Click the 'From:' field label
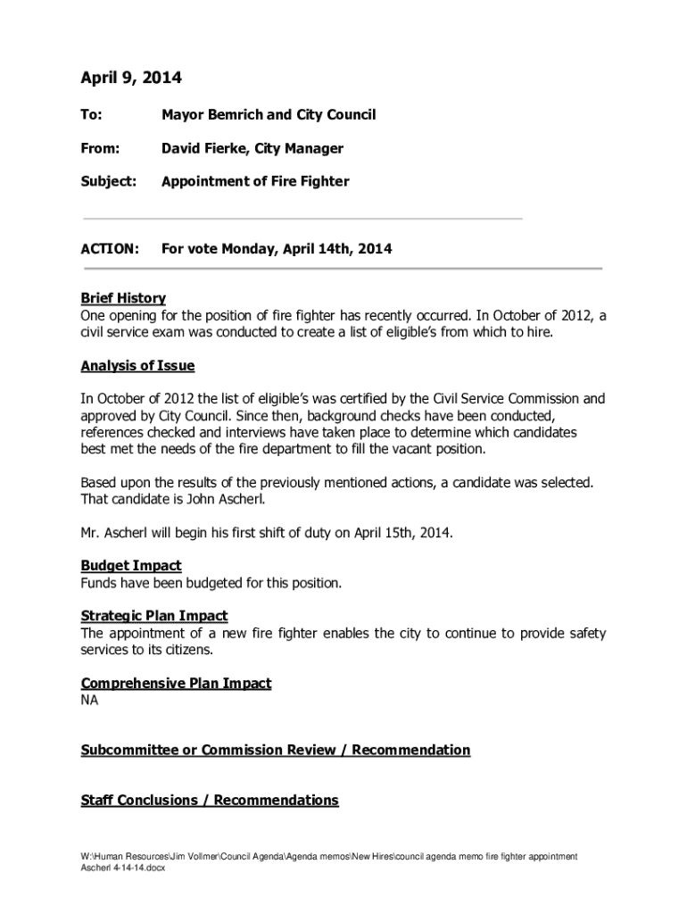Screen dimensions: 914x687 point(100,148)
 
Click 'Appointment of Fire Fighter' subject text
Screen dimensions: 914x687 point(255,181)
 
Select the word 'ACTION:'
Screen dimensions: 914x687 point(110,250)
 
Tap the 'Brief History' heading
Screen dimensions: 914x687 point(123,298)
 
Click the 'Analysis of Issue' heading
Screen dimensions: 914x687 point(137,366)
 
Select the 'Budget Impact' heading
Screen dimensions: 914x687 point(131,565)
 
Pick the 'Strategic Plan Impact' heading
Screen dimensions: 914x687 point(154,616)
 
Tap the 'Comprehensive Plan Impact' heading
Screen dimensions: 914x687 point(176,684)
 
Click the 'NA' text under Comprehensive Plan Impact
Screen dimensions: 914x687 point(90,701)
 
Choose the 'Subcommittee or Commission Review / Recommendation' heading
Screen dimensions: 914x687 point(275,750)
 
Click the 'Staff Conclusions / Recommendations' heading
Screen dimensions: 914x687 point(210,800)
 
